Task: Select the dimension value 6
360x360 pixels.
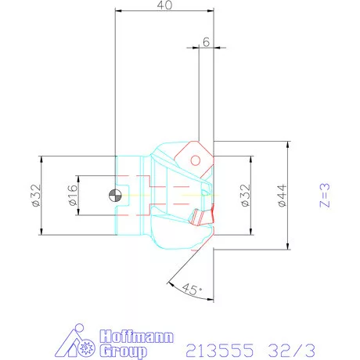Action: click(205, 42)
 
